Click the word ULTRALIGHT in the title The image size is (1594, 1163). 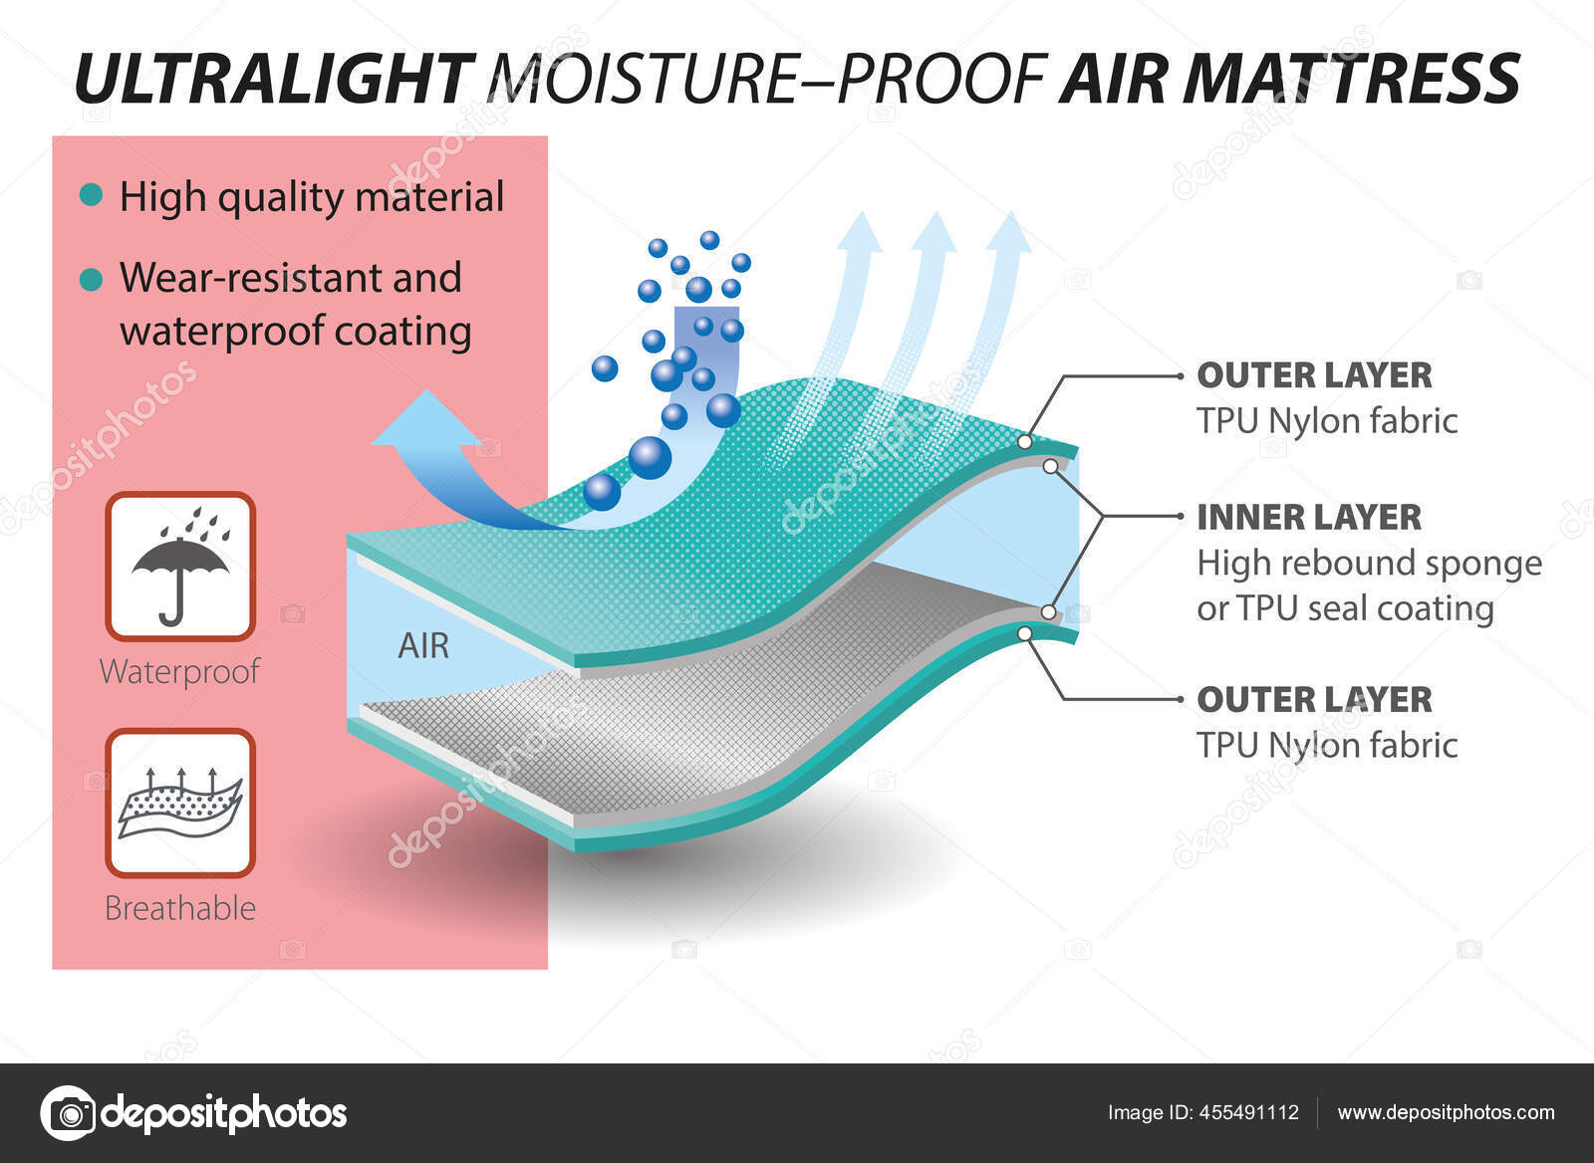click(275, 79)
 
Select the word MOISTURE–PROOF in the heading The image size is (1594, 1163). click(767, 79)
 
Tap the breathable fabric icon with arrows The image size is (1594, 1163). click(180, 804)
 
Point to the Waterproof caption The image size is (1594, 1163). click(180, 672)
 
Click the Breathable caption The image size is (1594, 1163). click(180, 908)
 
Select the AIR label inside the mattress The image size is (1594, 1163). click(423, 646)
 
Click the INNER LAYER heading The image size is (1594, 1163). click(1309, 517)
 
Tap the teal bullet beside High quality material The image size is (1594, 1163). click(91, 194)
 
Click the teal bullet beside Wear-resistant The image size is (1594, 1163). click(91, 279)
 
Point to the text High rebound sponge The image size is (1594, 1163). click(1369, 564)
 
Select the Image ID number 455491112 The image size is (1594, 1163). click(1249, 1112)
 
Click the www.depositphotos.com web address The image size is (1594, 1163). click(1446, 1113)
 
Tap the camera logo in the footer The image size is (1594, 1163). click(68, 1113)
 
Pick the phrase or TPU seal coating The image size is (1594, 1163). click(1345, 609)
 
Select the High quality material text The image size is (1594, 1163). click(312, 197)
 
